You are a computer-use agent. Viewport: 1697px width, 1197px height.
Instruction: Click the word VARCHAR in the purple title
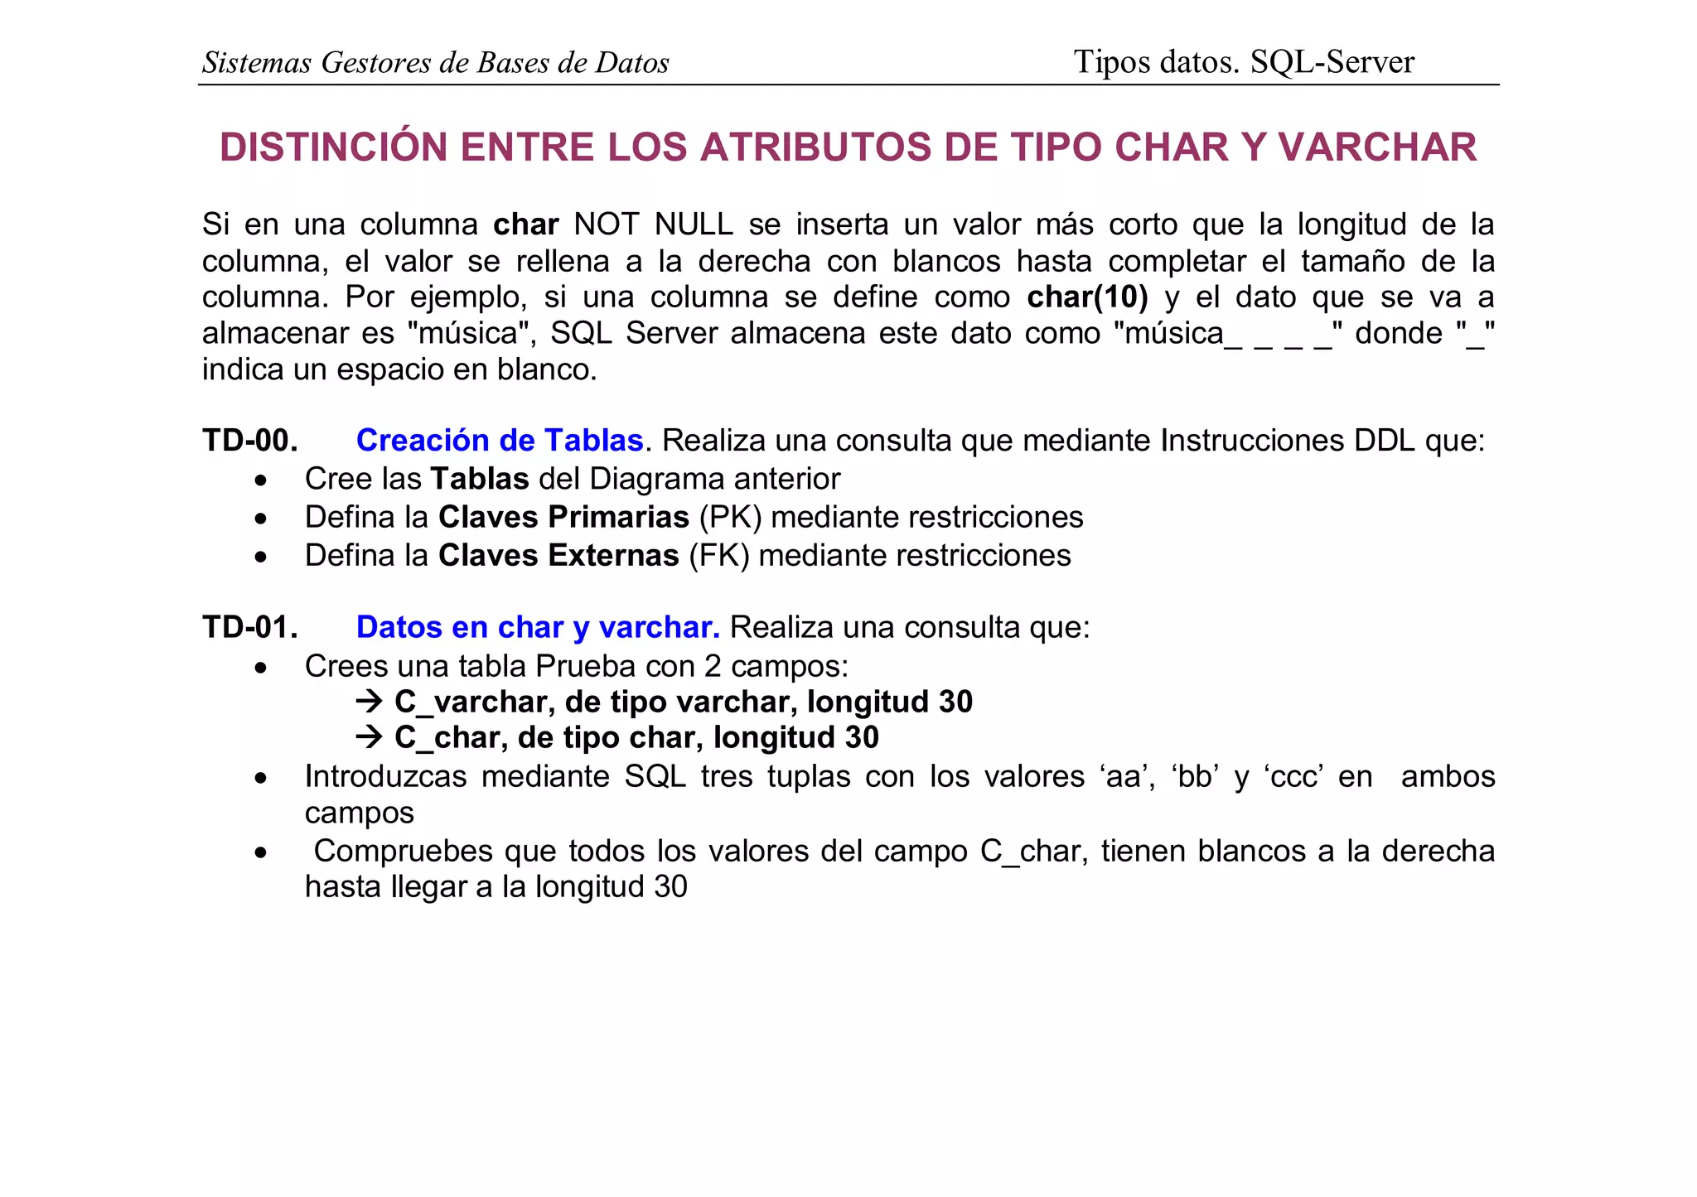[1377, 147]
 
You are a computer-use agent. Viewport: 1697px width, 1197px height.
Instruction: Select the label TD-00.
[249, 441]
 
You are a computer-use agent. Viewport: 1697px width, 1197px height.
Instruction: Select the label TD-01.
[249, 628]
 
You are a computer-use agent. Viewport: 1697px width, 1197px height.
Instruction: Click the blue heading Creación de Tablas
[500, 441]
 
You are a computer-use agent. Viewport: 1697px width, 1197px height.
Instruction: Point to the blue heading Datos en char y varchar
[538, 628]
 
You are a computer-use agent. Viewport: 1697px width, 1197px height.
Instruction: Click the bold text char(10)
[1087, 297]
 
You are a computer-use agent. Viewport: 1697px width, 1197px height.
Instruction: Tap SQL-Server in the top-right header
[1332, 62]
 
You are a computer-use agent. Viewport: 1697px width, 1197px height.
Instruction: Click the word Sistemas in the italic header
[257, 63]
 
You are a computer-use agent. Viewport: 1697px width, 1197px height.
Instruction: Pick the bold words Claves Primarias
[563, 518]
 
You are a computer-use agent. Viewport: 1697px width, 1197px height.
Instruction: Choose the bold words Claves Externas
[558, 556]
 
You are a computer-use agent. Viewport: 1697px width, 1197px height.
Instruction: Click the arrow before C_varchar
[369, 702]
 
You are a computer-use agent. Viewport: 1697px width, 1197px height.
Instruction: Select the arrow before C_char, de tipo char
[369, 738]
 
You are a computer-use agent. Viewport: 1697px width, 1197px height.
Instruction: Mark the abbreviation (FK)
[718, 556]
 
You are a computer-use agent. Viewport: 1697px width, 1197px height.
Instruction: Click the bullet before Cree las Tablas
[261, 480]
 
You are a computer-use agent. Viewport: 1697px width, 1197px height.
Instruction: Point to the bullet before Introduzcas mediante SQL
[261, 778]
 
